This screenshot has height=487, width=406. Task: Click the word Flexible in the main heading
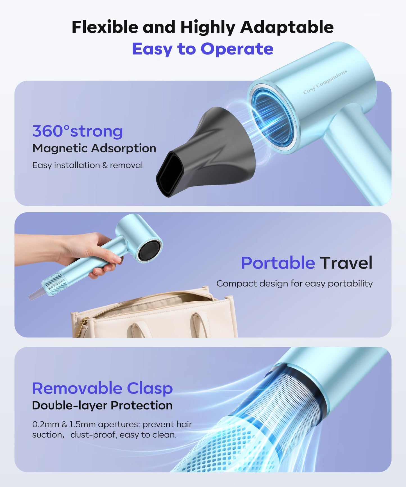coord(105,27)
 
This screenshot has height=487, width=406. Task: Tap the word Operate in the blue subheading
coord(237,49)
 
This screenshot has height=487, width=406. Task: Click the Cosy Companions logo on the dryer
coord(325,82)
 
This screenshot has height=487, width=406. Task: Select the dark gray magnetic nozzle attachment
coord(214,149)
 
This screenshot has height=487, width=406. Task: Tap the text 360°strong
coord(78,131)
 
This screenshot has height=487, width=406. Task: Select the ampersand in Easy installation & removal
coord(105,165)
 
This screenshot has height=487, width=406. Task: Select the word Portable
coord(278,263)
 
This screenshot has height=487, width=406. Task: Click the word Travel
coord(346,263)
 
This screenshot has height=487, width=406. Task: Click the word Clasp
coord(149,388)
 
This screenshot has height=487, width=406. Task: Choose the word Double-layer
coord(70,406)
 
